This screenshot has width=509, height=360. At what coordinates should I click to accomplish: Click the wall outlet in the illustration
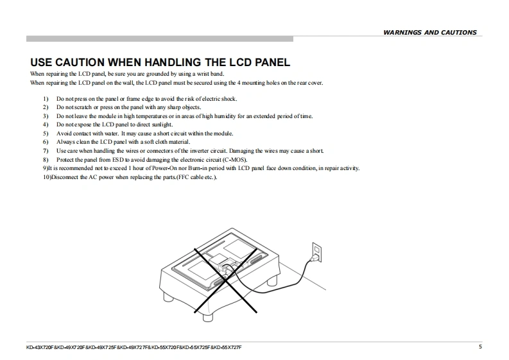click(317, 252)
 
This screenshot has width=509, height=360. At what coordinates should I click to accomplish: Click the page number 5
click(480, 347)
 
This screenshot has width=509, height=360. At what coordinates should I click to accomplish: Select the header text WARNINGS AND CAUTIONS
click(430, 33)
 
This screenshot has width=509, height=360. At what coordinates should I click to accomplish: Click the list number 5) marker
click(46, 133)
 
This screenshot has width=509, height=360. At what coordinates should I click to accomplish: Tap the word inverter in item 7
click(200, 151)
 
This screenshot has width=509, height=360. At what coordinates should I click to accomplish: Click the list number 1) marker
click(46, 99)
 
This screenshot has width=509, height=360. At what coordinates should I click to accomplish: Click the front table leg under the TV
click(208, 317)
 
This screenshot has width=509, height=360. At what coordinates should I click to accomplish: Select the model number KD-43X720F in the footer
click(40, 347)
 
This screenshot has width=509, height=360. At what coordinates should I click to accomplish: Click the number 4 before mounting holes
click(239, 83)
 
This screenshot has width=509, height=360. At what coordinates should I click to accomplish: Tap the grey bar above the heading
click(160, 39)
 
